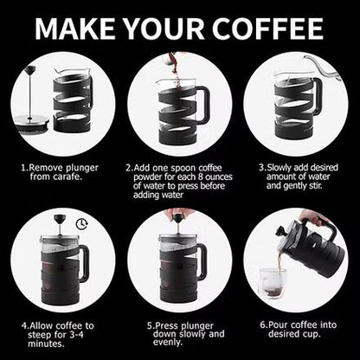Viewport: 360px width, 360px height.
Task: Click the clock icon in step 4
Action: click(x=80, y=223)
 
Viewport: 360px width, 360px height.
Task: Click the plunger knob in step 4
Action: click(x=61, y=219)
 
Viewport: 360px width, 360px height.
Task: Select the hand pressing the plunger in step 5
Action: click(x=180, y=214)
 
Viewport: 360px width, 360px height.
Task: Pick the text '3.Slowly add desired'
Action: click(x=298, y=166)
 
